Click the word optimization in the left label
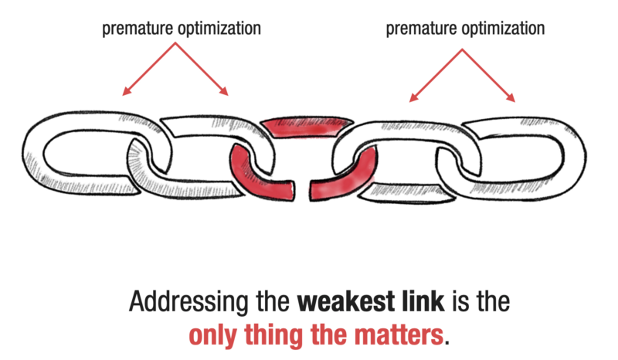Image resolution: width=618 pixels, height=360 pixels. point(217,29)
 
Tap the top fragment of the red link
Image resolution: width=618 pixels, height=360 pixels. point(306,124)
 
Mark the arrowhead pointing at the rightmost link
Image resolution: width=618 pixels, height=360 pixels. point(513,100)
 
